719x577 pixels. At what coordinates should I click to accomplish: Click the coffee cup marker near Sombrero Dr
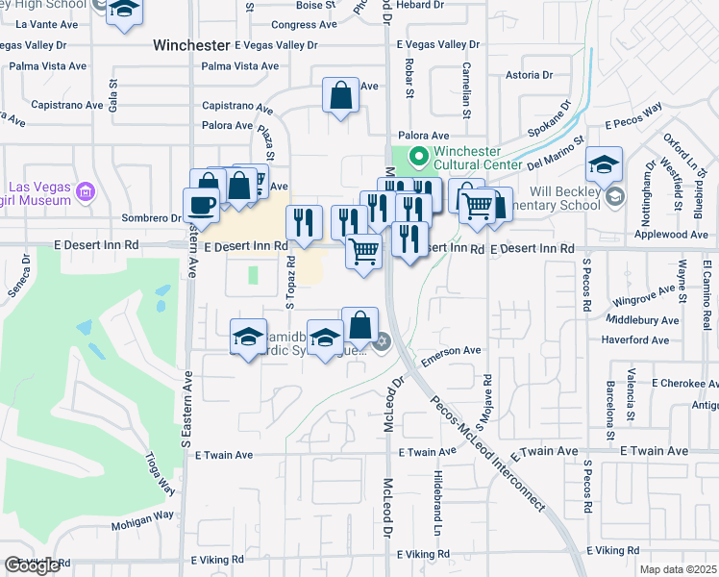pyautogui.click(x=201, y=205)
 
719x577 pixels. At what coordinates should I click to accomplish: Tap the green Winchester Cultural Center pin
pyautogui.click(x=418, y=156)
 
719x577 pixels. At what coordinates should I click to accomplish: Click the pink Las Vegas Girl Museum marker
pyautogui.click(x=87, y=192)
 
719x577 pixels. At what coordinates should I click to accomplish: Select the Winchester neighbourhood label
pyautogui.click(x=192, y=44)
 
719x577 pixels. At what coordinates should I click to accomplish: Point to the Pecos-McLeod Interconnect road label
pyautogui.click(x=485, y=452)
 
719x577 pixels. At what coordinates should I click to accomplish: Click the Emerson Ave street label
pyautogui.click(x=457, y=351)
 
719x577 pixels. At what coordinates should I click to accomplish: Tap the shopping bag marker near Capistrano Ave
pyautogui.click(x=340, y=95)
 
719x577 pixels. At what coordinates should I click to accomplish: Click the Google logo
pyautogui.click(x=32, y=565)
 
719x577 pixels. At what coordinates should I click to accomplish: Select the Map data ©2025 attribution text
pyautogui.click(x=678, y=569)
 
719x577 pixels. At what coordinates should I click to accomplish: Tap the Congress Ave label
pyautogui.click(x=304, y=25)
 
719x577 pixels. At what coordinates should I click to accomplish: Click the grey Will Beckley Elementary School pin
pyautogui.click(x=616, y=197)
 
